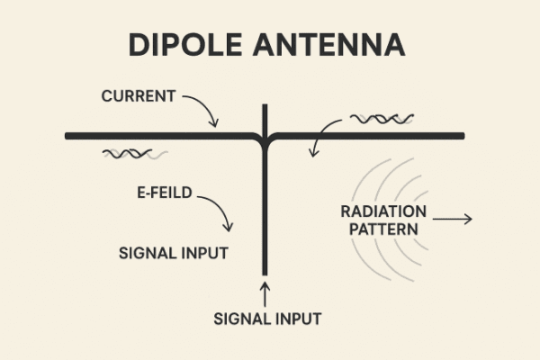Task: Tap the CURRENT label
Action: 139,94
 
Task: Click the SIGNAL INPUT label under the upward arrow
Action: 267,318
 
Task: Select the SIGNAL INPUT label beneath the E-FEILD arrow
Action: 174,252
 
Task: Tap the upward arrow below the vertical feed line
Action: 265,292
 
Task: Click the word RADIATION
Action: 382,212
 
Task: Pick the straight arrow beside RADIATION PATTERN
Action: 452,218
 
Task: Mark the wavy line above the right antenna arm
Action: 382,118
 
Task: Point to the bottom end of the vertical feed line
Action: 265,272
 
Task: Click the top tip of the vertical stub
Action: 265,106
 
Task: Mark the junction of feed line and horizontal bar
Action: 265,137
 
